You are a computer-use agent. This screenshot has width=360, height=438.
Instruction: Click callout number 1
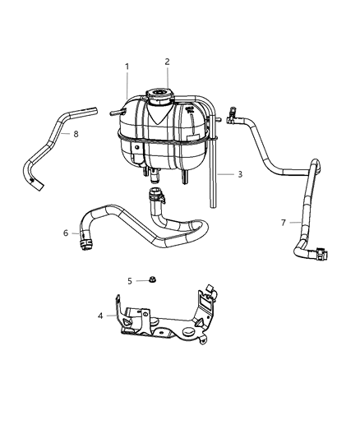click(x=127, y=66)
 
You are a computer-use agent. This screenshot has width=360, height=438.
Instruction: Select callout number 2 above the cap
click(x=167, y=61)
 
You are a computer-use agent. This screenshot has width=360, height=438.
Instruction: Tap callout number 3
click(x=240, y=174)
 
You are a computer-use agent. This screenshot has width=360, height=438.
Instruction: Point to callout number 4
click(x=101, y=314)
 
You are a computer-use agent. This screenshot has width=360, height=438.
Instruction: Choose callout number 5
click(x=130, y=280)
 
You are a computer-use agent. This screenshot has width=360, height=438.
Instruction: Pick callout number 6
click(x=65, y=233)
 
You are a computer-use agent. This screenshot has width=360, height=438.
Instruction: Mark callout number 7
click(x=284, y=222)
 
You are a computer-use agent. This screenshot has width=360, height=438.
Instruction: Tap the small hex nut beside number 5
click(x=154, y=280)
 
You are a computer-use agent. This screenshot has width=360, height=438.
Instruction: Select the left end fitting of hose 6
click(x=85, y=240)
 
